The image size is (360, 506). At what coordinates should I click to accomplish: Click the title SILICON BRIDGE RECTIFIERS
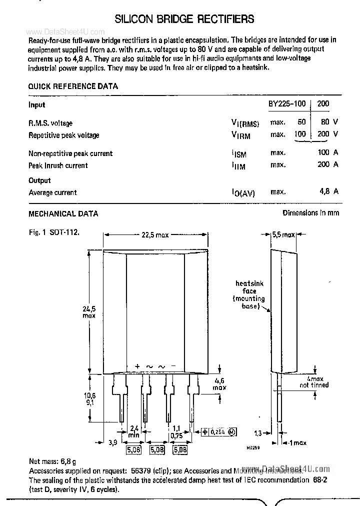click(184, 19)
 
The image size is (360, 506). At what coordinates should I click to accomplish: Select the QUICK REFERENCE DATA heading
click(73, 86)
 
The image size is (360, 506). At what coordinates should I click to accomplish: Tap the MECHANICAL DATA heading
click(63, 213)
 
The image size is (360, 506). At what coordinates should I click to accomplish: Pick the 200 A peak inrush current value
click(328, 165)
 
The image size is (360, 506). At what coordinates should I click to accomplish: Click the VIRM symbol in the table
click(240, 135)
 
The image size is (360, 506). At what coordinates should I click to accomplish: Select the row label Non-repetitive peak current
click(70, 153)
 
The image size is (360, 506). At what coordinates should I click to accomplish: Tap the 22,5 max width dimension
click(155, 235)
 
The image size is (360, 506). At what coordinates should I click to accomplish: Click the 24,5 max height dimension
click(89, 311)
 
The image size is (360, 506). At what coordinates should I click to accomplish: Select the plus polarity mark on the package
click(137, 366)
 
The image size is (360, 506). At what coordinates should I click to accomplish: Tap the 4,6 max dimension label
click(219, 383)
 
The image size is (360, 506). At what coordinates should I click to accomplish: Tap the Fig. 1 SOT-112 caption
click(54, 232)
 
